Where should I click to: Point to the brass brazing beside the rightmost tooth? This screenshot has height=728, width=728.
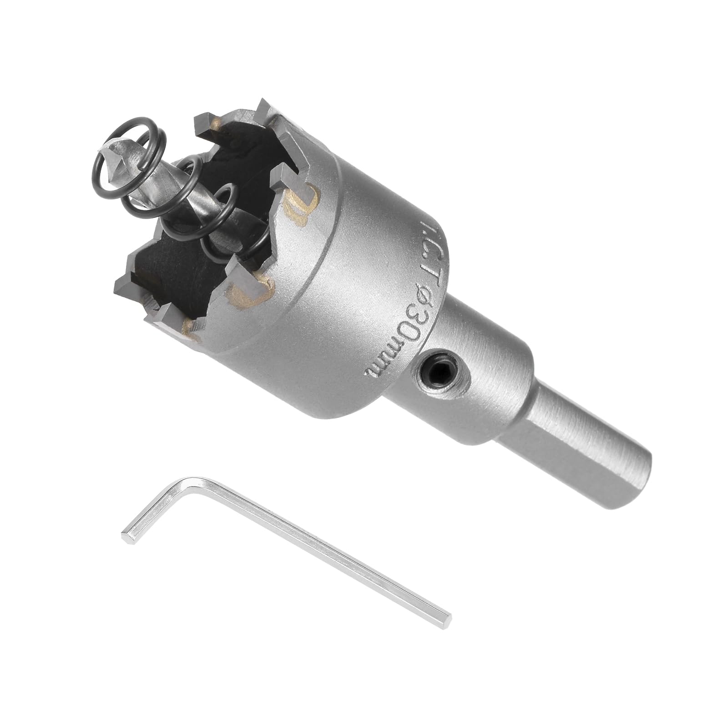point(300,200)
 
